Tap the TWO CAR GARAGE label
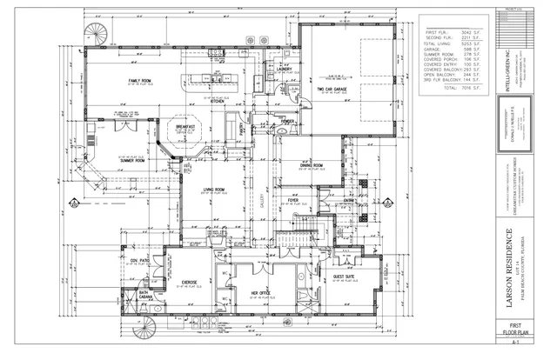(333, 88)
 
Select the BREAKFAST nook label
(184, 127)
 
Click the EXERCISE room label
(191, 282)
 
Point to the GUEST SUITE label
(346, 277)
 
